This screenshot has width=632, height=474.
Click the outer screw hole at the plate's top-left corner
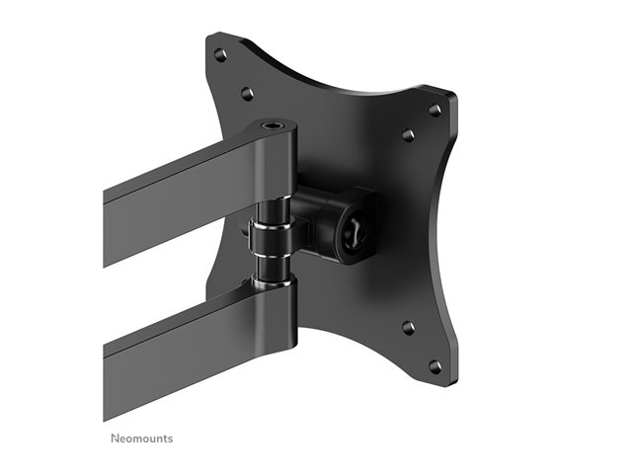pyautogui.click(x=219, y=54)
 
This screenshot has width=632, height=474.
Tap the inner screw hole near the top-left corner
pyautogui.click(x=247, y=94)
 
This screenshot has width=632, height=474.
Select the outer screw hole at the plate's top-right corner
pyautogui.click(x=434, y=110)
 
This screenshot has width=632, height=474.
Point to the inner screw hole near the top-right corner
pyautogui.click(x=408, y=134)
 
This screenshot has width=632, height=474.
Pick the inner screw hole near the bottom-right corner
pyautogui.click(x=408, y=327)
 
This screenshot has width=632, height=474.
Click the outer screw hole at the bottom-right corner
pyautogui.click(x=434, y=366)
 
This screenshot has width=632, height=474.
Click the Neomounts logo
pyautogui.click(x=142, y=438)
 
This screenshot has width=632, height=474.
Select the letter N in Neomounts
pyautogui.click(x=115, y=438)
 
